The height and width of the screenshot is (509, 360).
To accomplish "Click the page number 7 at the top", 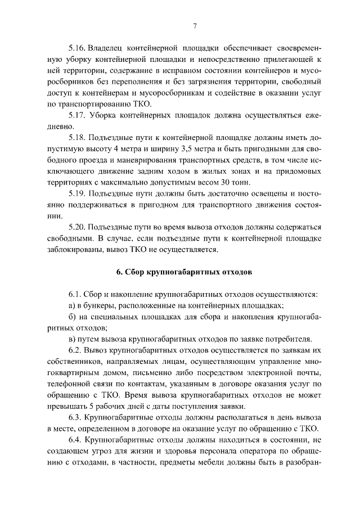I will [x=194, y=26].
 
